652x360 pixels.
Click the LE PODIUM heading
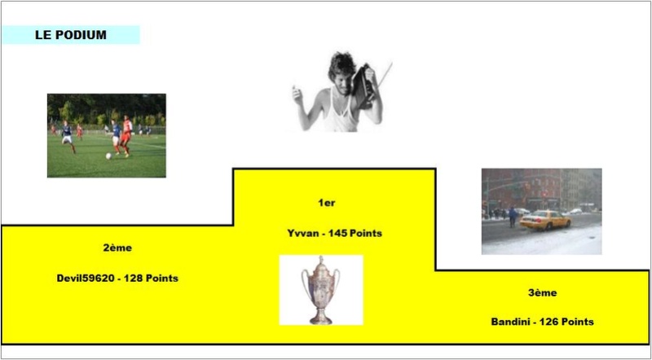[71, 35]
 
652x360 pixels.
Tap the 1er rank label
[327, 204]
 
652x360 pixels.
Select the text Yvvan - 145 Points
[334, 233]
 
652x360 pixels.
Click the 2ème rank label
[117, 248]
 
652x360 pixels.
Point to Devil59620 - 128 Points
[117, 278]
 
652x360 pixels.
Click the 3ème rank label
[543, 293]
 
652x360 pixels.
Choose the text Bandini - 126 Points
[542, 322]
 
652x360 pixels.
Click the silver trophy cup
[320, 290]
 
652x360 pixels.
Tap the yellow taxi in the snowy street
[544, 220]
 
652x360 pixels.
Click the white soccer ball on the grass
[108, 156]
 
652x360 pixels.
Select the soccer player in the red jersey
[126, 136]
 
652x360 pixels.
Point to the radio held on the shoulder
[363, 86]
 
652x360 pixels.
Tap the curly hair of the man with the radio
[341, 65]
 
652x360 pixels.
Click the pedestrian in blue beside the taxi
[513, 217]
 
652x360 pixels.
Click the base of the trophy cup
[320, 319]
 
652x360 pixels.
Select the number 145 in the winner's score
[337, 233]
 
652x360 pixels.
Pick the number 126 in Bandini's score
[548, 322]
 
